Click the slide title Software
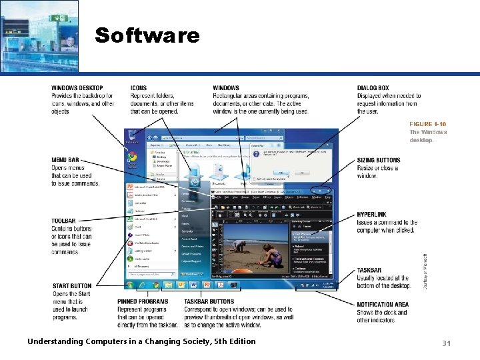click(147, 35)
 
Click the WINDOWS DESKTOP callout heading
click(77, 88)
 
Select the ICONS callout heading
click(139, 88)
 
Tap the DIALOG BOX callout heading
click(373, 88)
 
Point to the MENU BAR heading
click(65, 160)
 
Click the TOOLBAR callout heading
click(63, 221)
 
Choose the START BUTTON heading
click(71, 286)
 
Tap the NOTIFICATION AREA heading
click(383, 305)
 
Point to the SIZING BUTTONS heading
click(379, 161)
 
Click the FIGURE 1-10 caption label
click(427, 124)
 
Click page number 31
click(447, 343)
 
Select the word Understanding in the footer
click(55, 341)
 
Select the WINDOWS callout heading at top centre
click(226, 88)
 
